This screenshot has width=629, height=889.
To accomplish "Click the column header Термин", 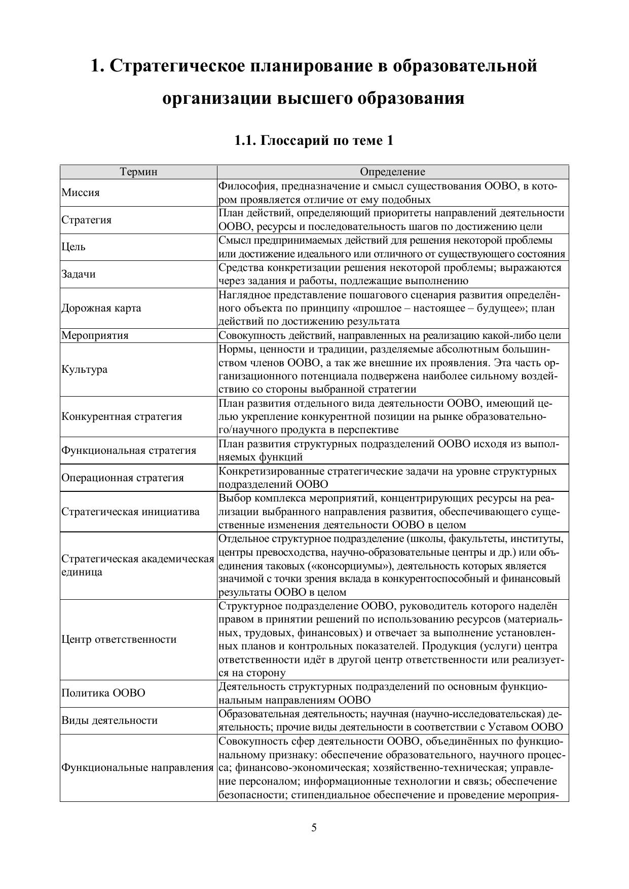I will coord(138,172).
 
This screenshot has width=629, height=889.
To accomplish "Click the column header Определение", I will coord(392,172).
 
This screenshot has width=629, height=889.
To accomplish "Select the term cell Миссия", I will coord(81,192).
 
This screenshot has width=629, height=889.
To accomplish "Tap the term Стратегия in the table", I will coord(87,220).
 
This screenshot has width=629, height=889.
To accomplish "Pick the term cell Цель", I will coord(73,247).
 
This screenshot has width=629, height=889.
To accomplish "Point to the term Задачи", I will coord(79,274).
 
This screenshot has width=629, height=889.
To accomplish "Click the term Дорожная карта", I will coord(101,308).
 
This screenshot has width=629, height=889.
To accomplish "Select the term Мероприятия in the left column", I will coord(95,335).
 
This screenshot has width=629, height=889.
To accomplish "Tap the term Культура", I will coord(85,369).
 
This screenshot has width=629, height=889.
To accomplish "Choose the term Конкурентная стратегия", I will coord(122,416).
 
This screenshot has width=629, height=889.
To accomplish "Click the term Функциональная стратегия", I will coord(129,450).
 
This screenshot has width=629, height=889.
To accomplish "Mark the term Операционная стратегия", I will coord(123,478).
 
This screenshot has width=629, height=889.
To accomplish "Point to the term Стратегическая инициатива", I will coord(131,512).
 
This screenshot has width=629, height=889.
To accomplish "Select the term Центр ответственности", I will coord(119,639).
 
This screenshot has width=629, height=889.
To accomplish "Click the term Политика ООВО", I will coord(103,693).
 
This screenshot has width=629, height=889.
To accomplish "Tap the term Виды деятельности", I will coord(109,720).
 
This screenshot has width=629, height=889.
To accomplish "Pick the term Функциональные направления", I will coord(137,767).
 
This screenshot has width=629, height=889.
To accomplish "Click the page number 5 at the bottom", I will coord(314,828).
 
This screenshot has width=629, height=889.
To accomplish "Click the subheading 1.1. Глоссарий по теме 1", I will coord(314,140).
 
